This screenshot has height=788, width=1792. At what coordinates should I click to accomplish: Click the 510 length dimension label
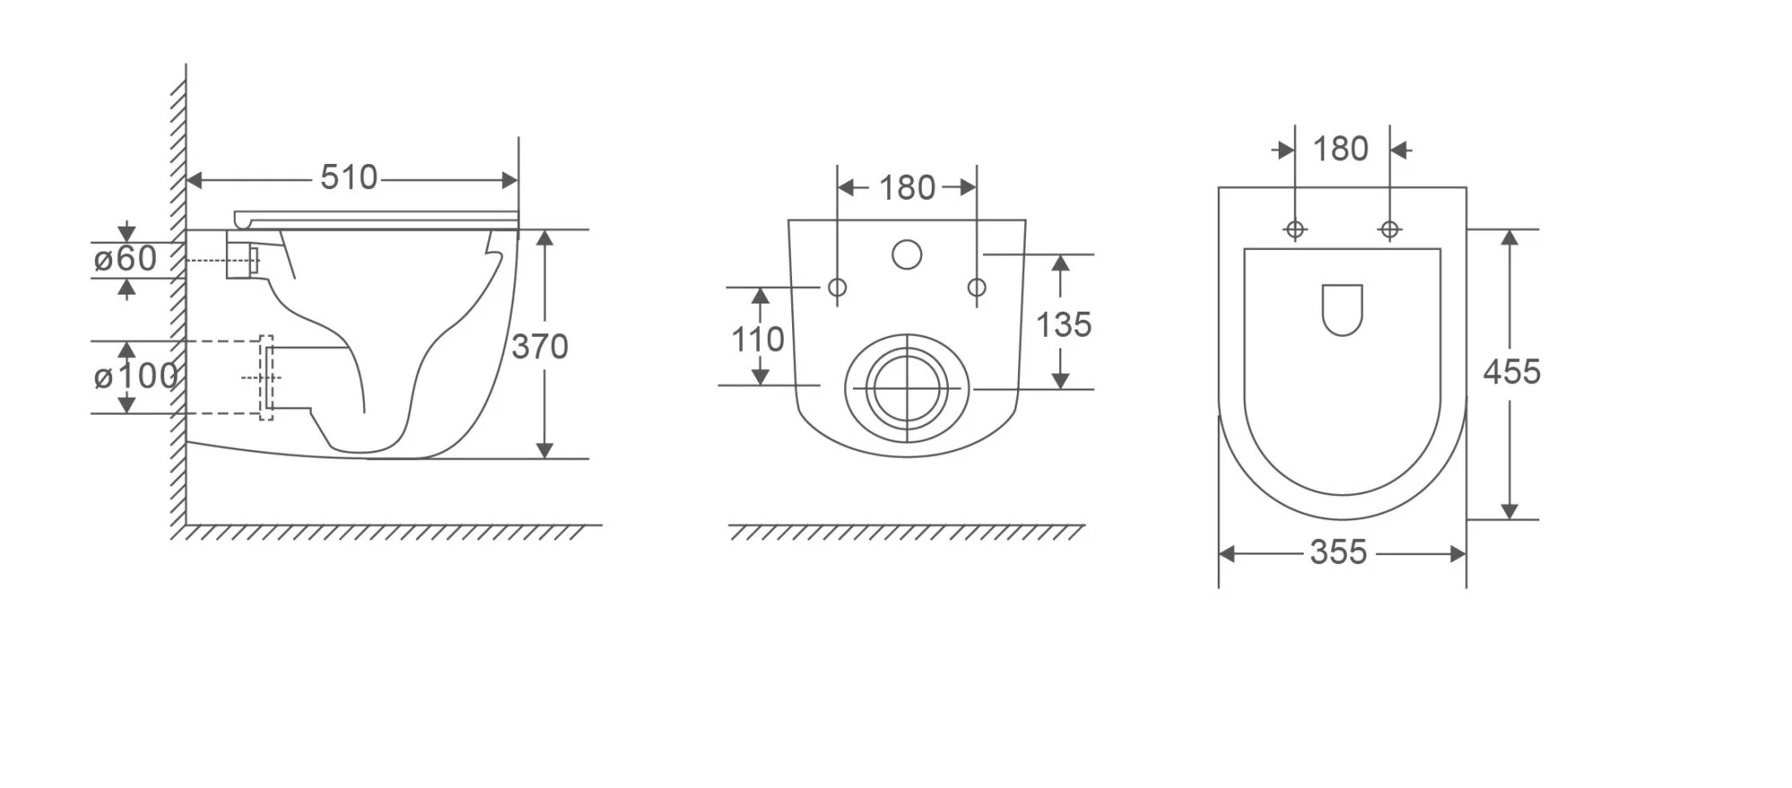click(349, 177)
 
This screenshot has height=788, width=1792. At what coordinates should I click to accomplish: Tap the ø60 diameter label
click(125, 259)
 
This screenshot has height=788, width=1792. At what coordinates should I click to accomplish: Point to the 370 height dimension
click(539, 347)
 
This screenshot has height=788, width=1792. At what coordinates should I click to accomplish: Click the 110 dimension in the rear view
click(758, 339)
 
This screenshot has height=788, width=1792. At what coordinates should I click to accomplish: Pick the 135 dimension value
click(1064, 324)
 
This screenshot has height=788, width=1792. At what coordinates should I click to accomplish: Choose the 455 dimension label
click(1512, 372)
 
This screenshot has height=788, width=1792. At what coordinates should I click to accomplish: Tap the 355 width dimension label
click(1339, 552)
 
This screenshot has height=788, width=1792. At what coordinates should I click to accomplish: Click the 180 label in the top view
click(1340, 149)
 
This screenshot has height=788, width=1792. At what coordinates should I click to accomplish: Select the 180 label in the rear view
click(907, 188)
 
